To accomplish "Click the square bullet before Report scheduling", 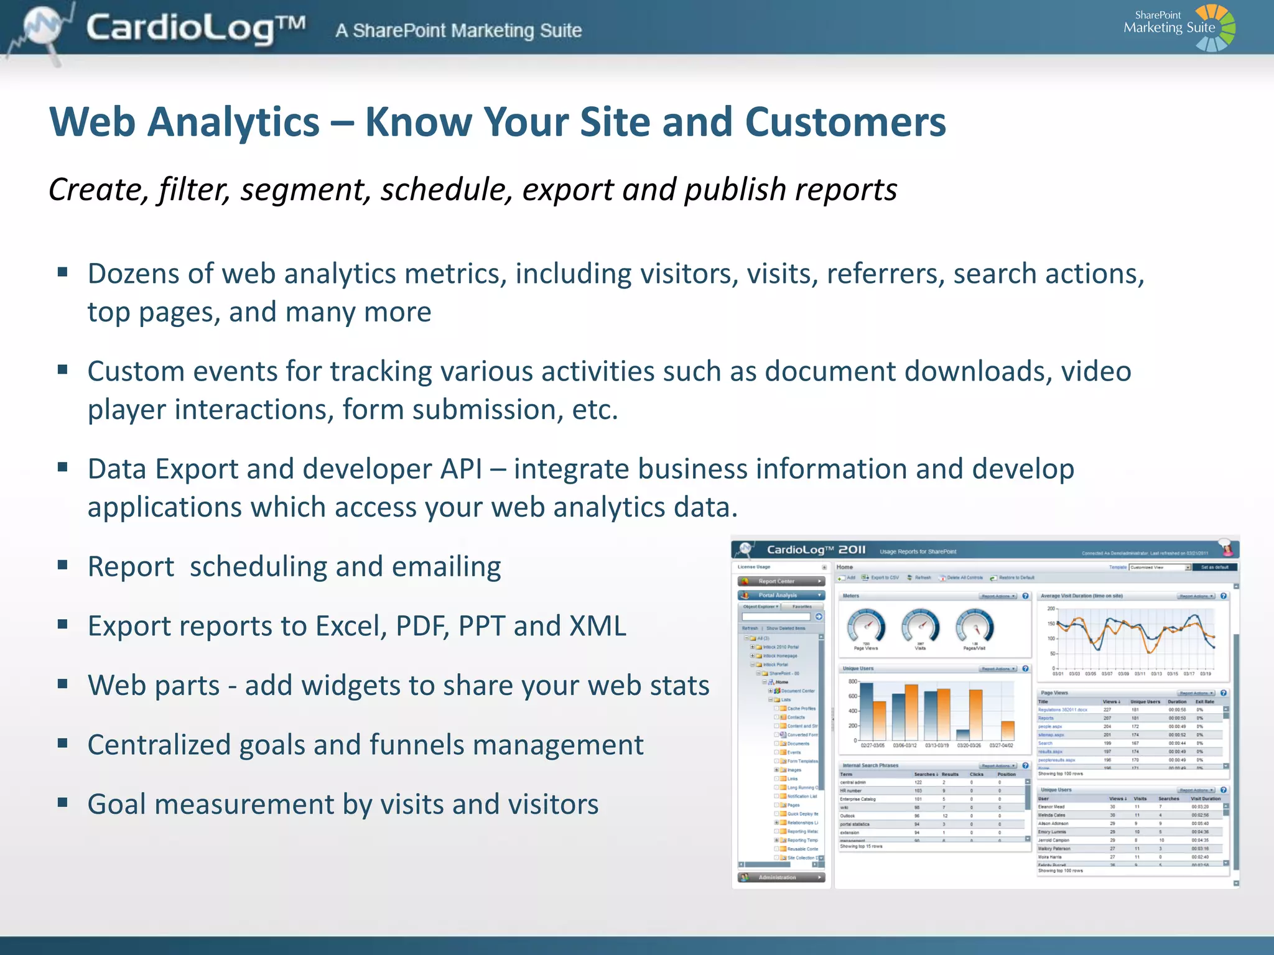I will (62, 565).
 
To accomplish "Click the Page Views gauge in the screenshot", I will (866, 627).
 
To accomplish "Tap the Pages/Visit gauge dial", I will (975, 627).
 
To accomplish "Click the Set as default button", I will (1214, 567).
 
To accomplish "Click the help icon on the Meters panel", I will (1026, 596).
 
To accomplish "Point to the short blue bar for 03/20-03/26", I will (963, 734).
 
